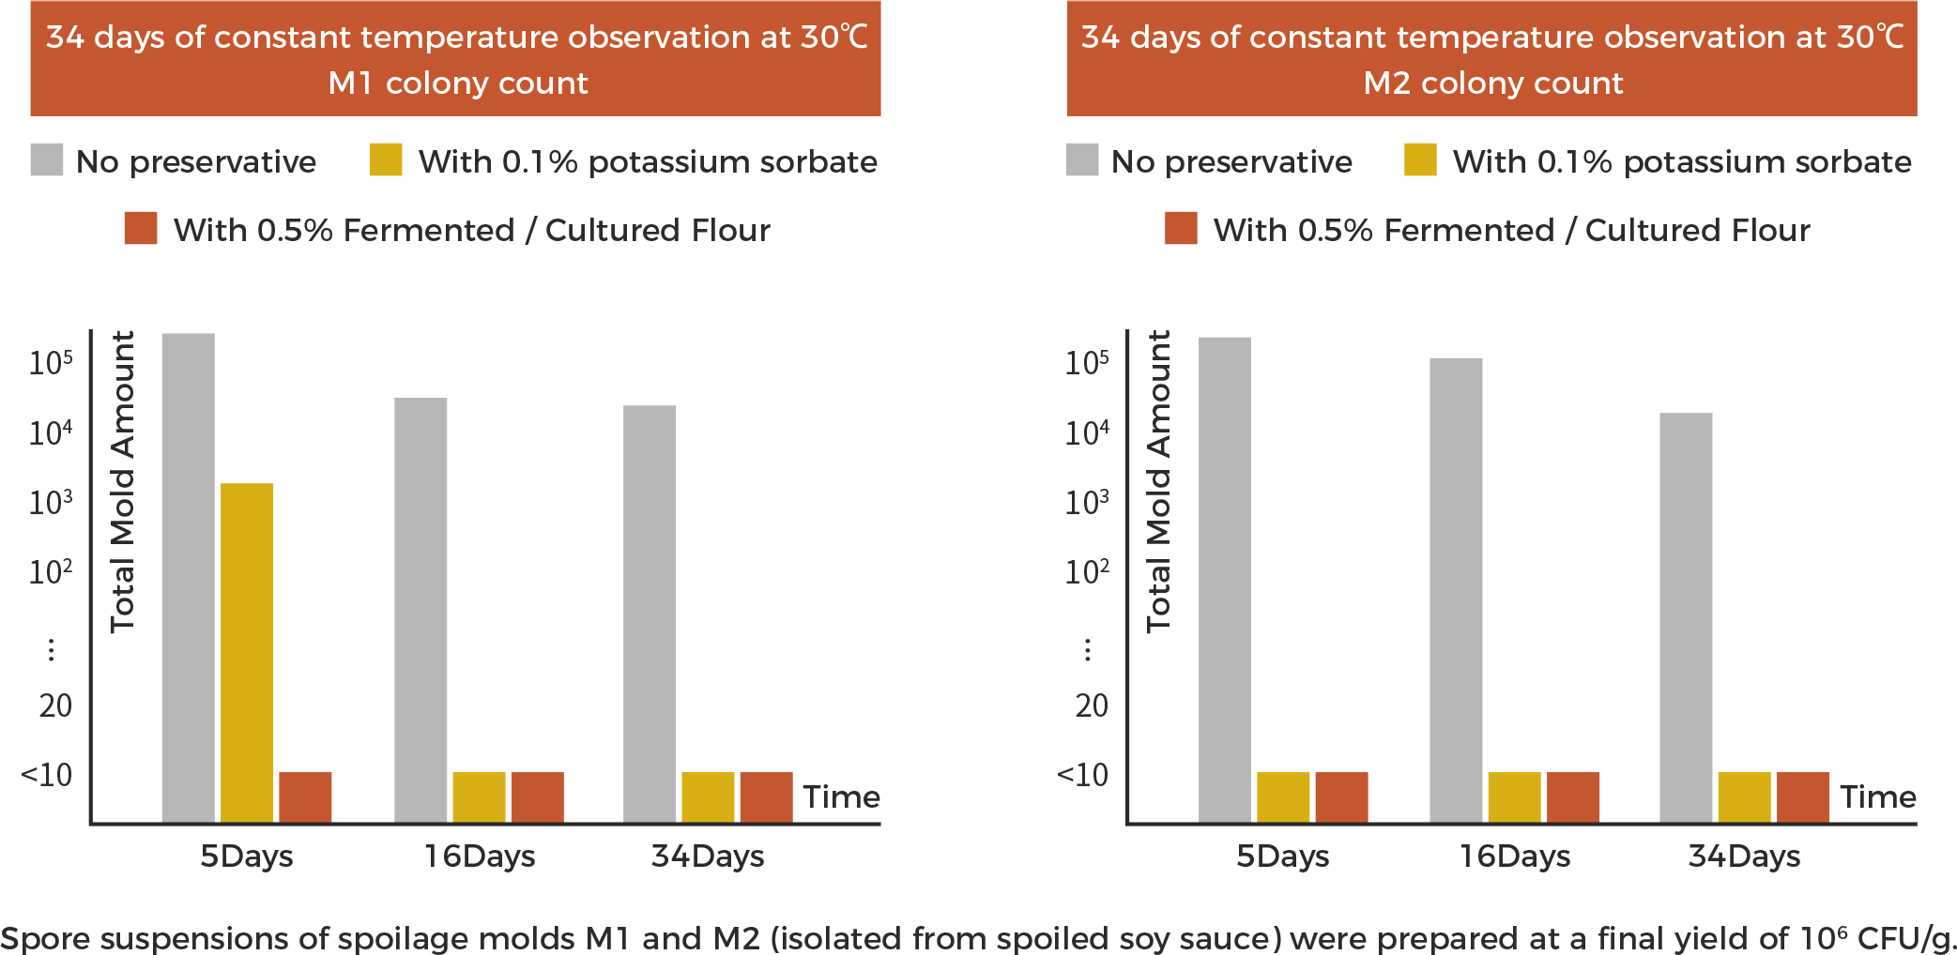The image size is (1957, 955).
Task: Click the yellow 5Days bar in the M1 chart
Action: pyautogui.click(x=247, y=652)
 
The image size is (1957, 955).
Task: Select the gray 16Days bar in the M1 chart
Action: pyautogui.click(x=420, y=610)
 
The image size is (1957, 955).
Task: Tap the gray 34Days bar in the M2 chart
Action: pyautogui.click(x=1686, y=617)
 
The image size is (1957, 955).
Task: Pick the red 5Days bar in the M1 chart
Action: pyautogui.click(x=305, y=796)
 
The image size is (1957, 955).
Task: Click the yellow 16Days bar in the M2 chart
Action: pyautogui.click(x=1514, y=796)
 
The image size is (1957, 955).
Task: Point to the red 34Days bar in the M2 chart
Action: pyautogui.click(x=1803, y=796)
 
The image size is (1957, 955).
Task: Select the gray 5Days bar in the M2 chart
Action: pyautogui.click(x=1225, y=579)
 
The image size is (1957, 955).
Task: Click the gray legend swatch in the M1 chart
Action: pyautogui.click(x=47, y=159)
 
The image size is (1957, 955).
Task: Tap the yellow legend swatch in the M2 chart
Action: pyautogui.click(x=1420, y=159)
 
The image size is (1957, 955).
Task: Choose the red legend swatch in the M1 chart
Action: pyautogui.click(x=141, y=228)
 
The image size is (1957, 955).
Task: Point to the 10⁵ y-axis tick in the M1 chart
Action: pyautogui.click(x=51, y=362)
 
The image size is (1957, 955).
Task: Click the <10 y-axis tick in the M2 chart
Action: pyautogui.click(x=1083, y=775)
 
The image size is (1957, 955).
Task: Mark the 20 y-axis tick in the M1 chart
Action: pyautogui.click(x=55, y=705)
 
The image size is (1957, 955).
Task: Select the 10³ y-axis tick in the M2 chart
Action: pyautogui.click(x=1087, y=503)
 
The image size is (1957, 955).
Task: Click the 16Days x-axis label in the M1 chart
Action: pyautogui.click(x=480, y=856)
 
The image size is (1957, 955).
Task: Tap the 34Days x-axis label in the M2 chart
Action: pyautogui.click(x=1744, y=856)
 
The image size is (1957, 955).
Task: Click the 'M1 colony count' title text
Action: pyautogui.click(x=458, y=83)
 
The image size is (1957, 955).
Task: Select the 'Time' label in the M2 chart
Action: pyautogui.click(x=1877, y=796)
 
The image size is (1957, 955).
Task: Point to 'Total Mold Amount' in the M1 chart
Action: pyautogui.click(x=123, y=481)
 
